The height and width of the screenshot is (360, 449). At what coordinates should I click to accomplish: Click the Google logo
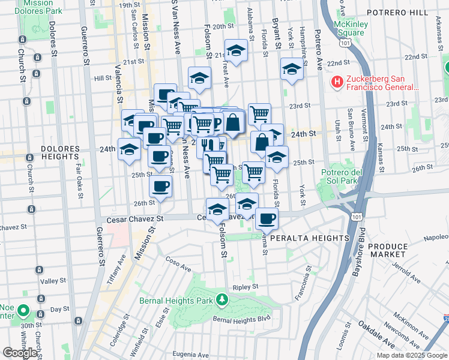tap(20, 353)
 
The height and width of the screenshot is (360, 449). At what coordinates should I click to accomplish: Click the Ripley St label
tap(245, 287)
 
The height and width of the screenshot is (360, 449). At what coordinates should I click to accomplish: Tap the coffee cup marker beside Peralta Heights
tap(267, 218)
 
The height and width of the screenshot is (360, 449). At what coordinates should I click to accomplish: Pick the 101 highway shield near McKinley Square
tap(344, 43)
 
